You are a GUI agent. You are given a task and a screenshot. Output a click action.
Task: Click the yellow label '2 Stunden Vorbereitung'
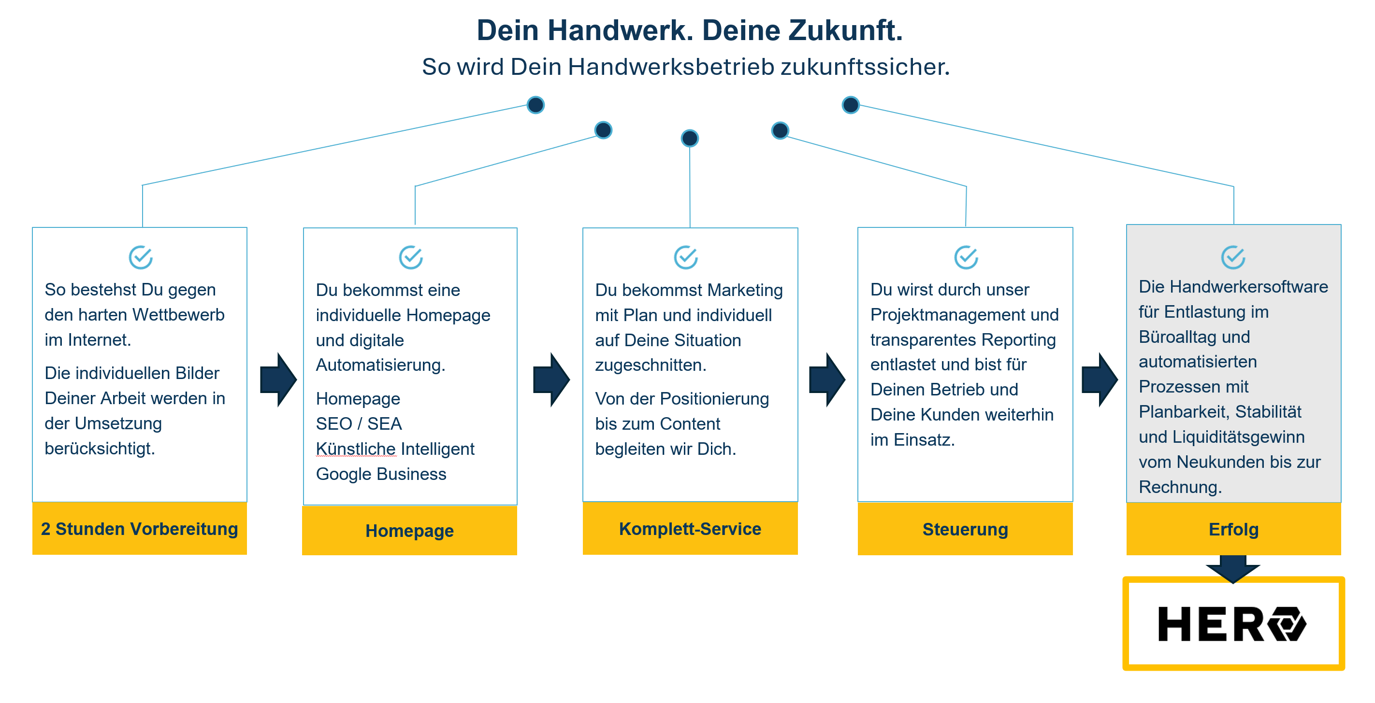click(x=139, y=529)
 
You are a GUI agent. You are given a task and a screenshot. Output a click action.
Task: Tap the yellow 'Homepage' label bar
click(x=409, y=531)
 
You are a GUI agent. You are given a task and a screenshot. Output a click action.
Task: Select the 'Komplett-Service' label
click(x=690, y=529)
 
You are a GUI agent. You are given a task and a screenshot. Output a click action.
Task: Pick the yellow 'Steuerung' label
click(x=965, y=529)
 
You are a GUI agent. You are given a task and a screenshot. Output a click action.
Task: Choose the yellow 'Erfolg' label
click(x=1233, y=529)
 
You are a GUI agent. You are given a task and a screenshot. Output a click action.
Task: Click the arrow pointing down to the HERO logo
click(x=1233, y=569)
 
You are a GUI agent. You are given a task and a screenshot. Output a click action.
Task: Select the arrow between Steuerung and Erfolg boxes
click(x=1100, y=379)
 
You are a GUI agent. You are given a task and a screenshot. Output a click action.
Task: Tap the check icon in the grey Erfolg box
click(x=1233, y=258)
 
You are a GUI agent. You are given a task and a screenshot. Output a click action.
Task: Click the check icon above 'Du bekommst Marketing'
click(x=686, y=258)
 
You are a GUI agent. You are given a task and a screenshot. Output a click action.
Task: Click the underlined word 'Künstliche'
click(x=356, y=449)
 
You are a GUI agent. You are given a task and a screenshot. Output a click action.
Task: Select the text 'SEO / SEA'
click(x=359, y=423)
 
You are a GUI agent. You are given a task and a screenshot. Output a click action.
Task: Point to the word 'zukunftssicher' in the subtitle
click(x=865, y=67)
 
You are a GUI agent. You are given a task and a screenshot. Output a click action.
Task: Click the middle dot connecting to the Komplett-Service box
click(x=690, y=138)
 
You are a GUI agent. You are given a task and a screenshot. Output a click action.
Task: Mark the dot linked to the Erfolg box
click(x=850, y=105)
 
